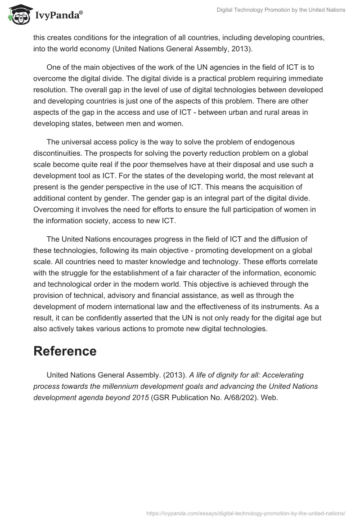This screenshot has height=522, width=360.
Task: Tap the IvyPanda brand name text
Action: click(58, 16)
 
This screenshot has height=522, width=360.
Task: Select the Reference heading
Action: click(65, 351)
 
